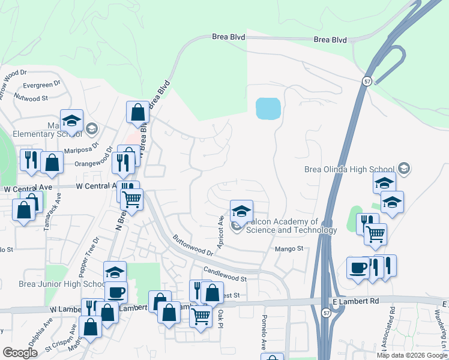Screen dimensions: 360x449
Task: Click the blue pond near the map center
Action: (x=268, y=109)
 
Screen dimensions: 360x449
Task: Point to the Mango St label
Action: (x=291, y=248)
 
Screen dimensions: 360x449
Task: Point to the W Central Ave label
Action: (x=28, y=188)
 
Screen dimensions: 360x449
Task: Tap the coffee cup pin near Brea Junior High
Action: (x=115, y=292)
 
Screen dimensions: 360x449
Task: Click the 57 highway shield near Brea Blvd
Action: (x=366, y=80)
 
